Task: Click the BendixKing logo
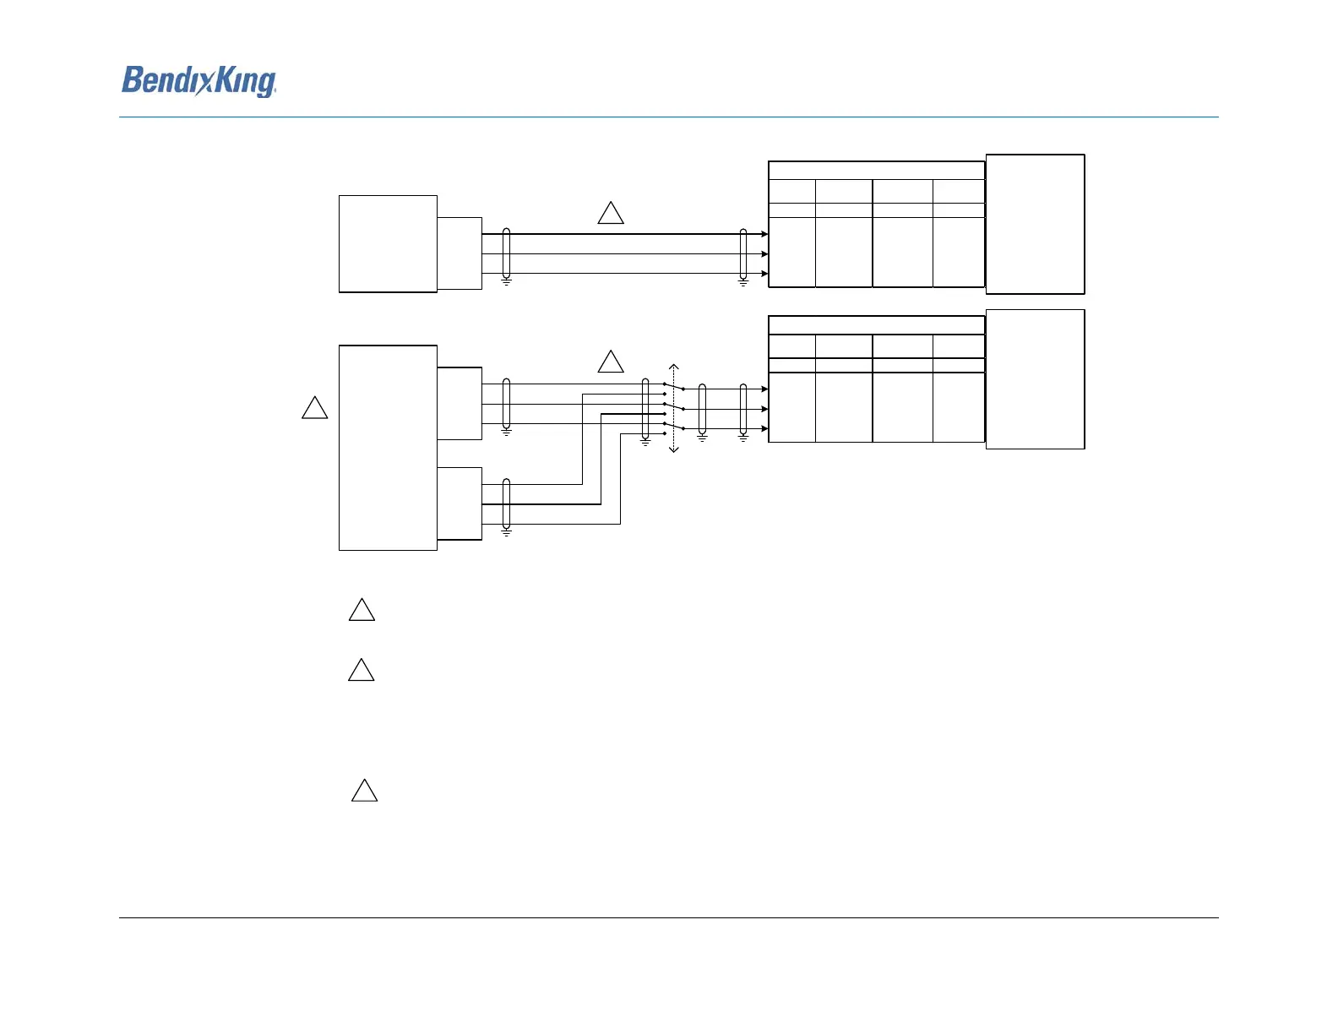pyautogui.click(x=199, y=81)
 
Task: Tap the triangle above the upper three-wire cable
pyautogui.click(x=610, y=213)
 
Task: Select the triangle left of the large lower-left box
pyautogui.click(x=314, y=408)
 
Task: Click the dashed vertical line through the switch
pyautogui.click(x=673, y=408)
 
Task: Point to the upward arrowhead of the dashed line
pyautogui.click(x=673, y=367)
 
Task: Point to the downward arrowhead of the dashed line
pyautogui.click(x=673, y=449)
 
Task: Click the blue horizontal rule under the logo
pyautogui.click(x=669, y=117)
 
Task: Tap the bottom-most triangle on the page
pyautogui.click(x=365, y=791)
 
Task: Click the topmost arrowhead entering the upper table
pyautogui.click(x=764, y=234)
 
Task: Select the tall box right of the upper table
pyautogui.click(x=1035, y=224)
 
